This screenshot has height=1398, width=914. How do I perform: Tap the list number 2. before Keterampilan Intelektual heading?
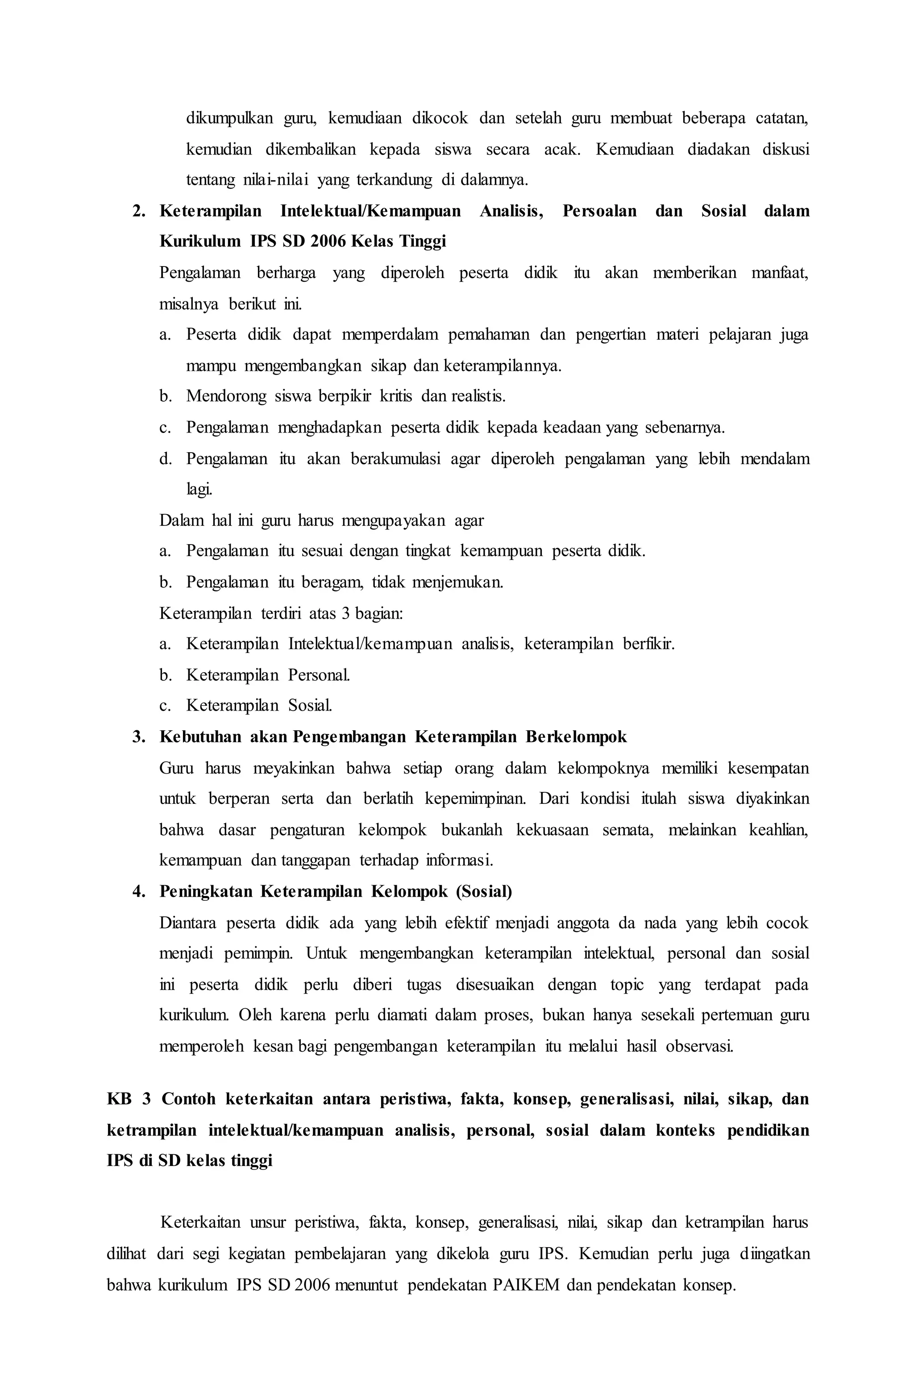click(139, 211)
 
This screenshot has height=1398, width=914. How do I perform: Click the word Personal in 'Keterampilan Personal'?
click(319, 675)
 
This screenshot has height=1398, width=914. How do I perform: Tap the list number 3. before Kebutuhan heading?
click(139, 736)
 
